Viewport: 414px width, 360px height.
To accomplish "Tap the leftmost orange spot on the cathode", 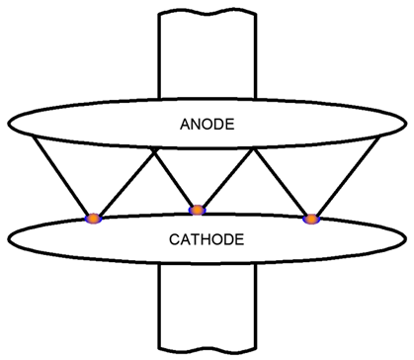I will point(93,218).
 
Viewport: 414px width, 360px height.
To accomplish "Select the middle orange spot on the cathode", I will point(198,210).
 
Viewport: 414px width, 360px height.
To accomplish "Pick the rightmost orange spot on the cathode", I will point(310,218).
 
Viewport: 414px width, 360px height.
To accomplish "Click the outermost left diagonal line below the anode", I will point(59,176).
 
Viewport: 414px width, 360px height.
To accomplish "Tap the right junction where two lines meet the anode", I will point(256,150).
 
